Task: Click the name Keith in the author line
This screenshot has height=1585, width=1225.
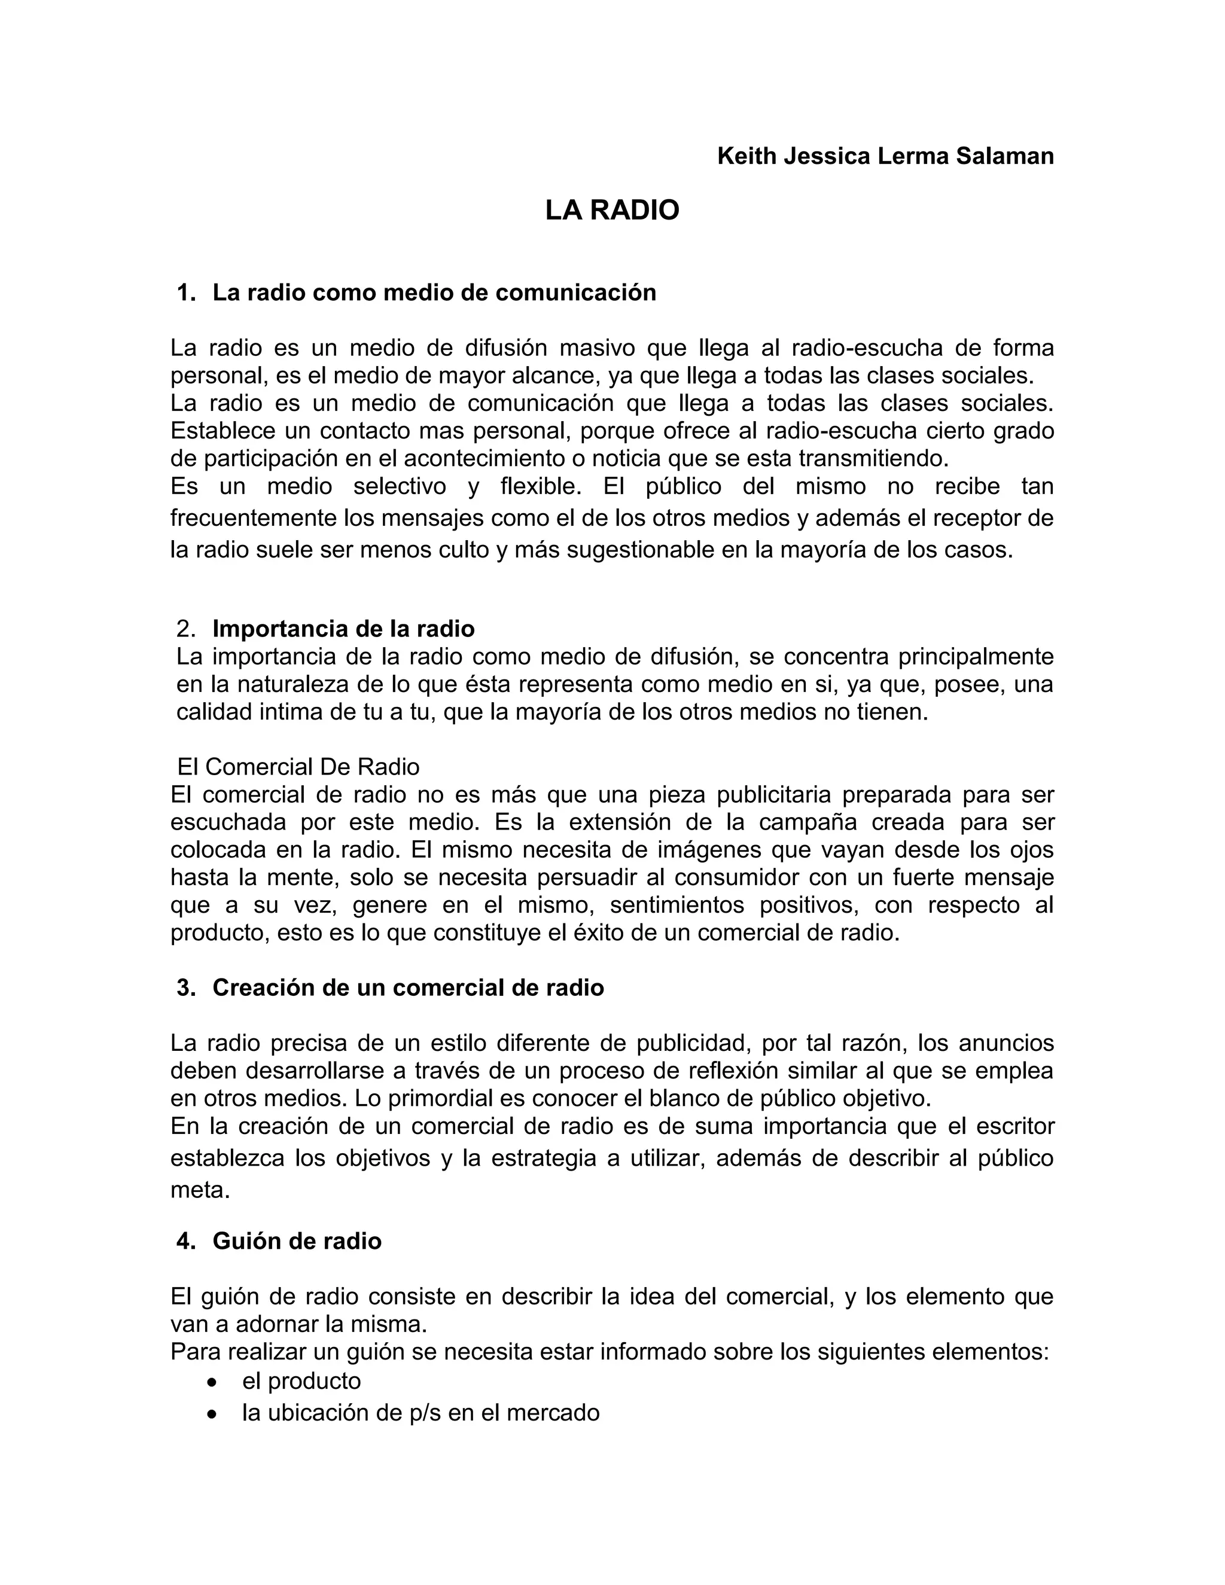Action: click(x=746, y=156)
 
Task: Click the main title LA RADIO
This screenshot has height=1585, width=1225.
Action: click(x=612, y=211)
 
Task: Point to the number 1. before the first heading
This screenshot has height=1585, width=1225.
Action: click(x=187, y=292)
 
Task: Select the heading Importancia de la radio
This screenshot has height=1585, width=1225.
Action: click(x=343, y=629)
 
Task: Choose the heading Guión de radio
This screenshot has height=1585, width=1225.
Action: click(x=297, y=1241)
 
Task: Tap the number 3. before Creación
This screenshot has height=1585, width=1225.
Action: click(x=187, y=987)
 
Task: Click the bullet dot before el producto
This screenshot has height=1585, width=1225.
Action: click(x=211, y=1381)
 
